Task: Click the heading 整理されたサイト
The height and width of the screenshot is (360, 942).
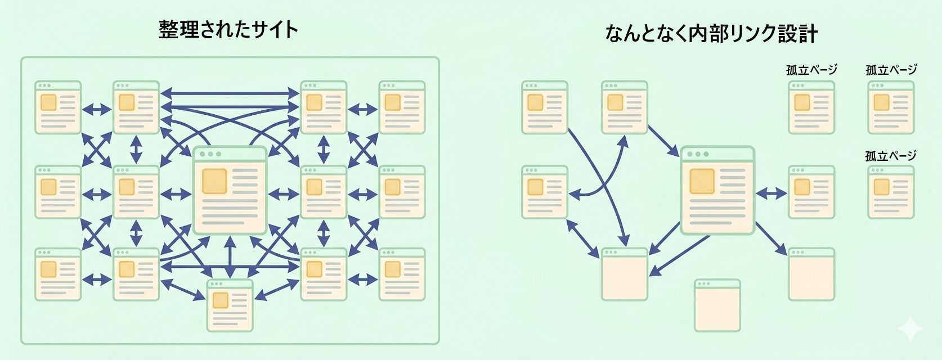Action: coord(228,30)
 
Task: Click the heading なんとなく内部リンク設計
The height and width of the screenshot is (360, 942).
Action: coord(711,34)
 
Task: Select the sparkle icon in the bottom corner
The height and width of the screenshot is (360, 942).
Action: coord(909,328)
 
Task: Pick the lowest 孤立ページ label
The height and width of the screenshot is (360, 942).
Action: coord(891,156)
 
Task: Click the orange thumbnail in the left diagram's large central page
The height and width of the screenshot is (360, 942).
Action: coord(214,181)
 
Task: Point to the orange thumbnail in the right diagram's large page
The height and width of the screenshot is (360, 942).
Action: coord(702,181)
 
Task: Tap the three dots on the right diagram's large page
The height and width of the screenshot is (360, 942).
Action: coord(698,154)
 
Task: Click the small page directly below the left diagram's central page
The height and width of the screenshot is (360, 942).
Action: coord(230,305)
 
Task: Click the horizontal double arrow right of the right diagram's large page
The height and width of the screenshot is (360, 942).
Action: coord(771,194)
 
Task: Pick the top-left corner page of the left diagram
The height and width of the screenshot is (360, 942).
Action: coord(58,107)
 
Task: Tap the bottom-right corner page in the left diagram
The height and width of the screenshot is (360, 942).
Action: coord(402,274)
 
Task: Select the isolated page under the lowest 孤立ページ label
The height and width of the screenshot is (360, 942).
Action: coord(891,192)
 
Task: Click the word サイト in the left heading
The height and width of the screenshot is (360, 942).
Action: coord(275,30)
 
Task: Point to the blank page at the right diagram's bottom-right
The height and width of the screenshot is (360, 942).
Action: coord(811,274)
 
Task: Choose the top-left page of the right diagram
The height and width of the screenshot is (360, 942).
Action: coord(544,107)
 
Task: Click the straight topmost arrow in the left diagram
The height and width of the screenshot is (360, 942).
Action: coord(230,92)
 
